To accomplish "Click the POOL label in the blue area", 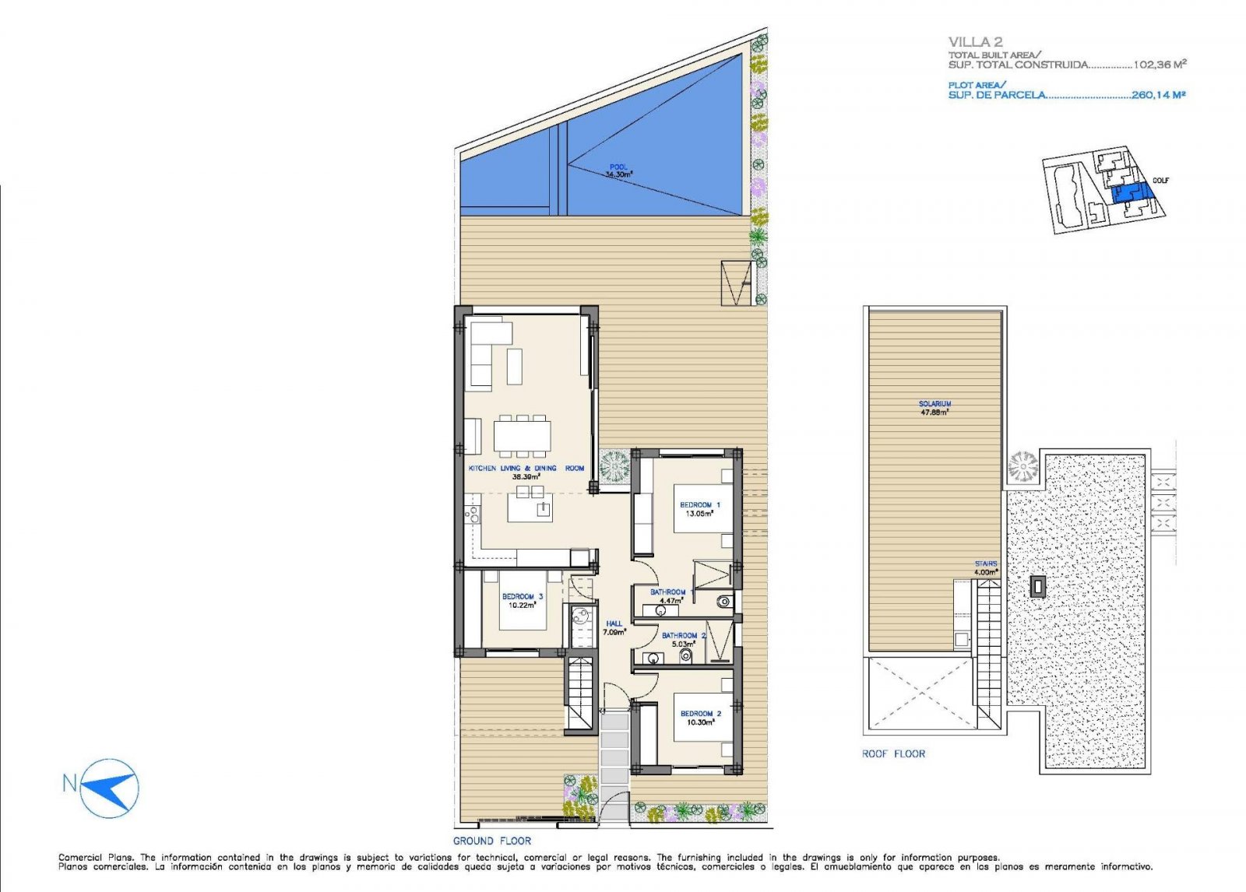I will tap(618, 167).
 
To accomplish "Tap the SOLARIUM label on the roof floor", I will tap(935, 404).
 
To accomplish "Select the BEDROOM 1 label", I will tap(699, 505).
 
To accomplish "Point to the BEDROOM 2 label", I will tap(700, 714).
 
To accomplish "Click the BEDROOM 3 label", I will tap(523, 597).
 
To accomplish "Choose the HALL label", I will tap(614, 624).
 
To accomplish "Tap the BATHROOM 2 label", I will tap(683, 636).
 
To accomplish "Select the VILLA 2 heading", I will tap(975, 42).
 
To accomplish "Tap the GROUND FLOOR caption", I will tap(492, 841).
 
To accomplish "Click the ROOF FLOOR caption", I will tap(893, 753).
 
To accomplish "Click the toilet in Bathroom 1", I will tap(723, 600).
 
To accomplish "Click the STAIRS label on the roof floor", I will tap(985, 564).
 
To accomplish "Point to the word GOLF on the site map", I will tap(1160, 181).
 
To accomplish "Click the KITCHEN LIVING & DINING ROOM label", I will tap(526, 469).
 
